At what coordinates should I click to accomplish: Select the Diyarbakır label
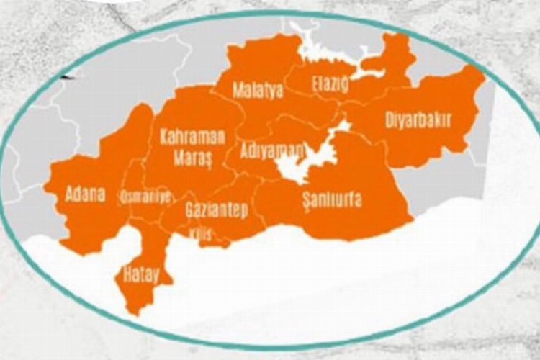tap(418, 120)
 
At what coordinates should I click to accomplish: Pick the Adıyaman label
tap(272, 153)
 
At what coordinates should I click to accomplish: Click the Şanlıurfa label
tap(332, 201)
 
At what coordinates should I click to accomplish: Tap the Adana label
tap(85, 194)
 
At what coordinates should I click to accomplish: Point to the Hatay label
tap(140, 274)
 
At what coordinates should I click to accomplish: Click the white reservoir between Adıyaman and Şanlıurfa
tap(299, 166)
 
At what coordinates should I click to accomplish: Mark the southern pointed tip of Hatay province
tap(132, 312)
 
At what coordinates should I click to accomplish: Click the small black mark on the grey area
tap(68, 76)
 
